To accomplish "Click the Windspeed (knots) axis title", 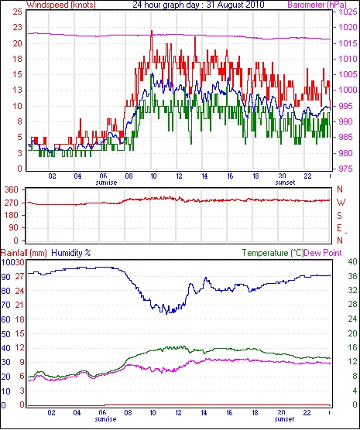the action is (x=61, y=5).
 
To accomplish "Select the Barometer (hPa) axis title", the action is (x=317, y=5).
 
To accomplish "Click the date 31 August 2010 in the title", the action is (x=235, y=4).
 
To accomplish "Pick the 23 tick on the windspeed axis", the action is (x=17, y=27).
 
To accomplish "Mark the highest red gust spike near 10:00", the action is (x=152, y=31).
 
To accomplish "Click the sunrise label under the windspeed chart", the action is (x=106, y=183).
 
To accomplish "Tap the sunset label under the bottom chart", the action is (x=284, y=419).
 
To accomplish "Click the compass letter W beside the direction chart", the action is (x=341, y=203).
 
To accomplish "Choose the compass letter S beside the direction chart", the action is (x=339, y=216).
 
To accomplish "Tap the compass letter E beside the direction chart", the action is (x=339, y=228).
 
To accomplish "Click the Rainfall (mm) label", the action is (x=24, y=253).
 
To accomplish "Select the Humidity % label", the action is (x=71, y=253).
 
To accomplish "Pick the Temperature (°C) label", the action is (x=273, y=253).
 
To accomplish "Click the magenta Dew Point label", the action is (x=323, y=253).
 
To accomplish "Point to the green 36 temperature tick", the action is (x=352, y=276).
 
